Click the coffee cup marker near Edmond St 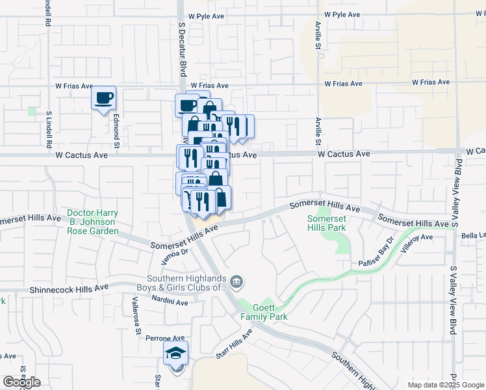pos(103,99)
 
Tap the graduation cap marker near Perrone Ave pos(175,354)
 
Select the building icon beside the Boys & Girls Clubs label pos(238,281)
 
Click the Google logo pos(21,382)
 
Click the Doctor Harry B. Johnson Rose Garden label pos(93,222)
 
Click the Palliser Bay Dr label pos(377,253)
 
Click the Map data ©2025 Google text pos(446,385)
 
